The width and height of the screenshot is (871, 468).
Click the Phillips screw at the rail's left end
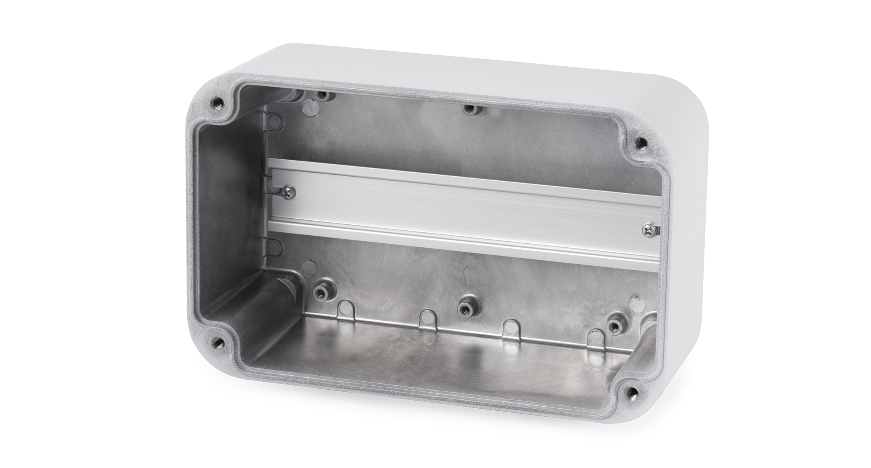pos(289,193)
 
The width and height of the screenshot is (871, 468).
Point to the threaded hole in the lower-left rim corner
pos(218,343)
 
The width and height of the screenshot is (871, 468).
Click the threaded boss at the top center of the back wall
pos(469,108)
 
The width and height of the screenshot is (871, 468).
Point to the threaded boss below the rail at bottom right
pos(614,326)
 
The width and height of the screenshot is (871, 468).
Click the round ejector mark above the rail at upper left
pos(310,107)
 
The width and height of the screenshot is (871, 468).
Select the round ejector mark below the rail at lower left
pos(309,267)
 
